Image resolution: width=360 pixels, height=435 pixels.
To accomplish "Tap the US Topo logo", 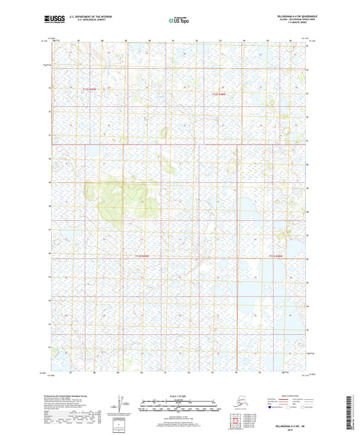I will click(178, 21).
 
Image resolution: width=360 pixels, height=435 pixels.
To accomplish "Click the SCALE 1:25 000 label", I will click(179, 396).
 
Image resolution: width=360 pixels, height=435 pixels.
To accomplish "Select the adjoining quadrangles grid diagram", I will click(237, 419).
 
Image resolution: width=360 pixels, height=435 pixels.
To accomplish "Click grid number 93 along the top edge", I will click(220, 41).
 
